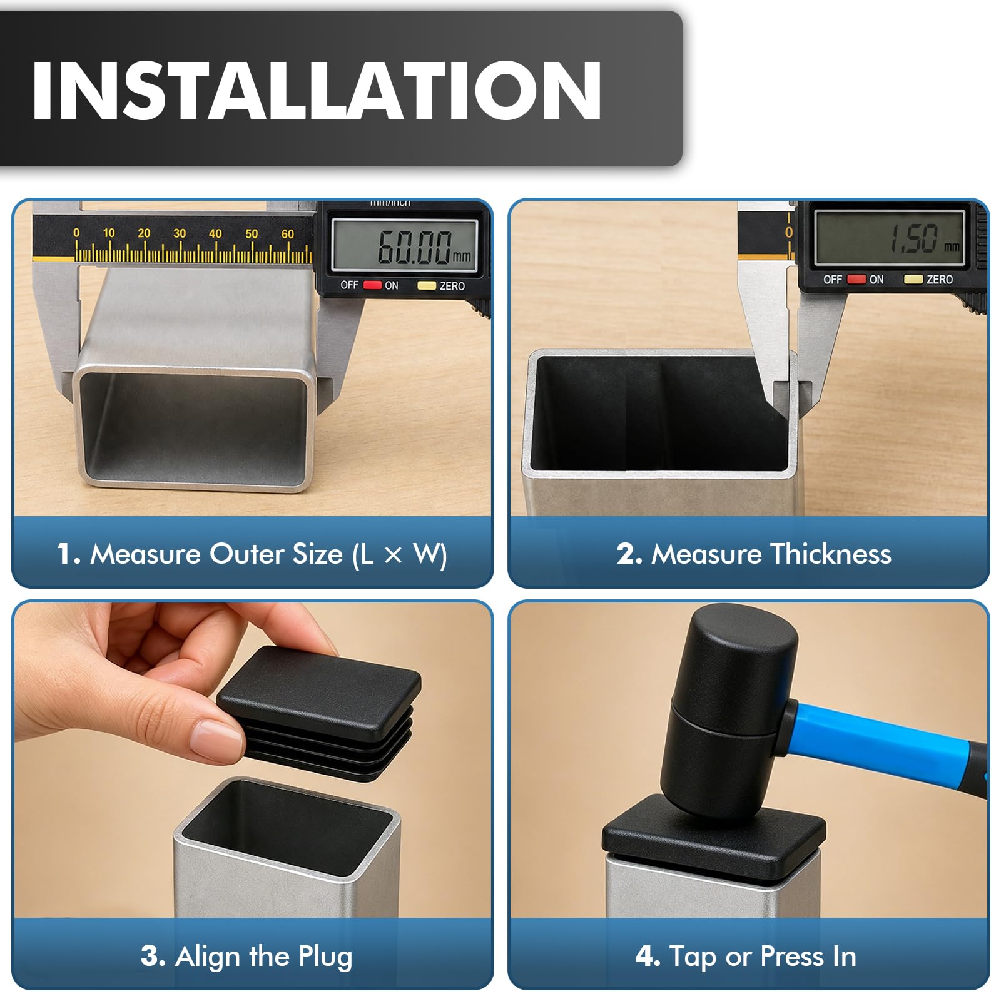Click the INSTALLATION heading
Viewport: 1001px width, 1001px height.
[x=317, y=91]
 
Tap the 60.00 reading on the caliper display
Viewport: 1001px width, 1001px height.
[x=414, y=246]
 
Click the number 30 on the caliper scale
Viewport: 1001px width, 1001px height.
[x=180, y=233]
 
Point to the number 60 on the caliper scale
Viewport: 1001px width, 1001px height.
[x=287, y=233]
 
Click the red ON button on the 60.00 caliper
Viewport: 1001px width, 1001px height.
[x=373, y=285]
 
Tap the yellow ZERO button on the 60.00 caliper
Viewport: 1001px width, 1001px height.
[x=427, y=285]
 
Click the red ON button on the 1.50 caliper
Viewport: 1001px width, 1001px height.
[x=856, y=279]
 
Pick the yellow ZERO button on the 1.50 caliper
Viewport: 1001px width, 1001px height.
[x=913, y=279]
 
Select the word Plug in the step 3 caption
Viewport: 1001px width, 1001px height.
[x=325, y=957]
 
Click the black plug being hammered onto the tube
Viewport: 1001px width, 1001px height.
[x=713, y=838]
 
